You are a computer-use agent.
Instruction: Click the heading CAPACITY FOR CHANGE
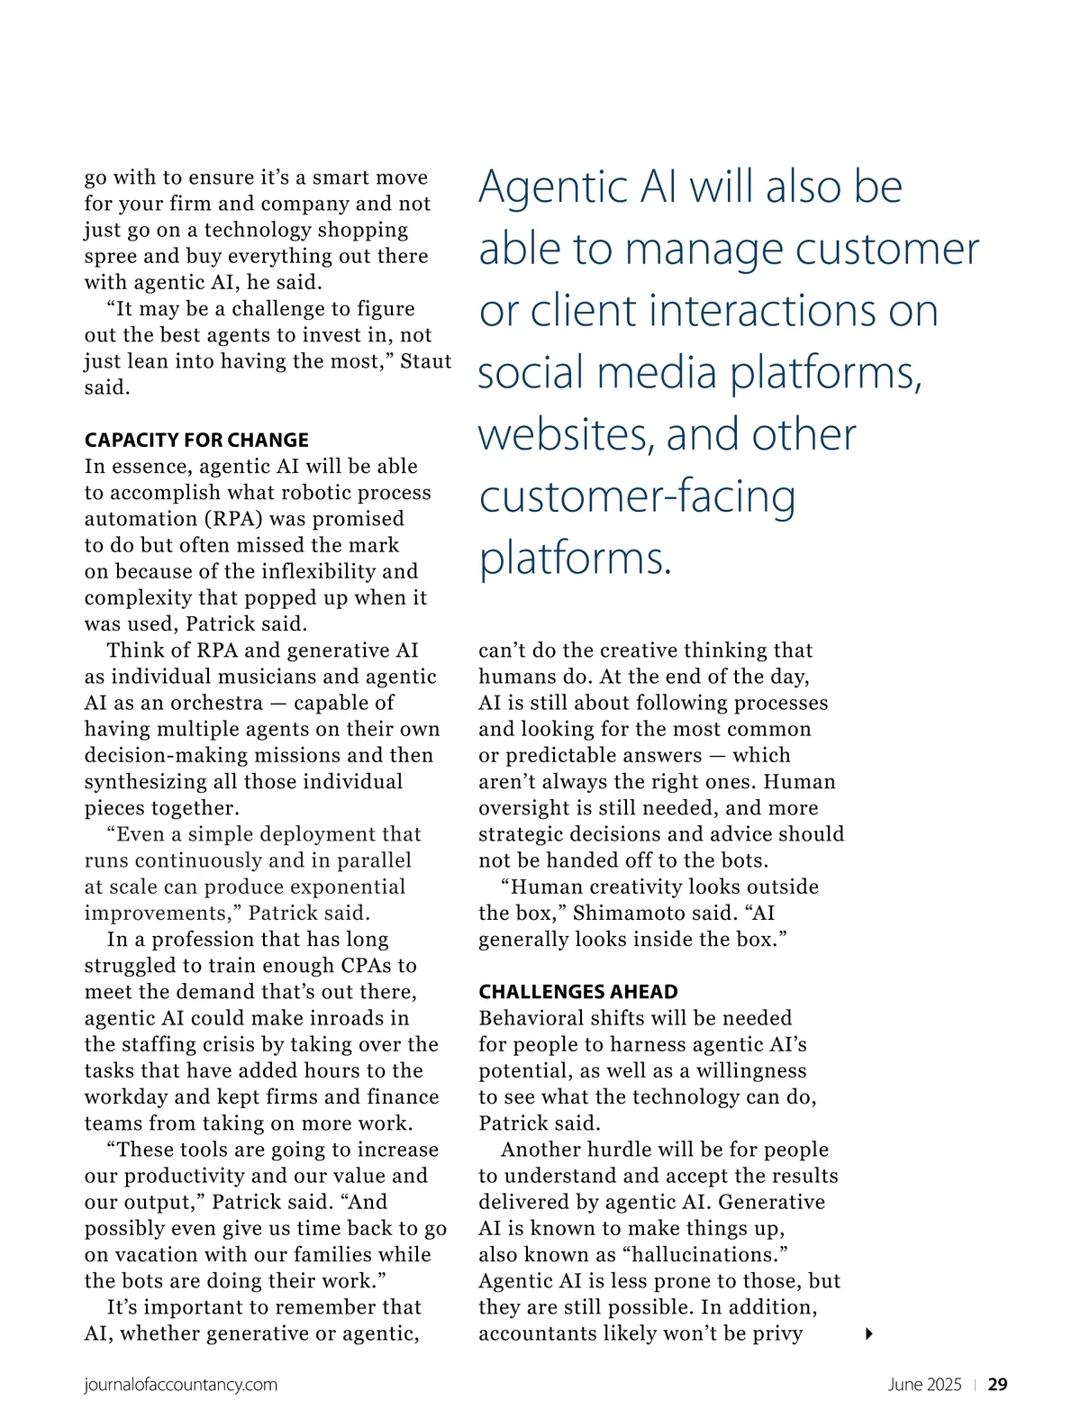coord(196,440)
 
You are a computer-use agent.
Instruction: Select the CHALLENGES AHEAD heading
coord(578,992)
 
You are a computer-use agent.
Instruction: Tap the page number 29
coord(997,1385)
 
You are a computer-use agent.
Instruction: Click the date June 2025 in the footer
coord(924,1385)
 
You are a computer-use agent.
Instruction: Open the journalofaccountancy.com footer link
coord(181,1385)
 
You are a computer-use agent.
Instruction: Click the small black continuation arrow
coord(868,1333)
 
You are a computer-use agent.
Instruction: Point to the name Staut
coord(426,361)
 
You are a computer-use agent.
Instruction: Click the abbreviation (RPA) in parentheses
coord(234,519)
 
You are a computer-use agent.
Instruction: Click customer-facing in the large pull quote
coord(637,496)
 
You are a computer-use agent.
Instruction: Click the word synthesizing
coord(150,782)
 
